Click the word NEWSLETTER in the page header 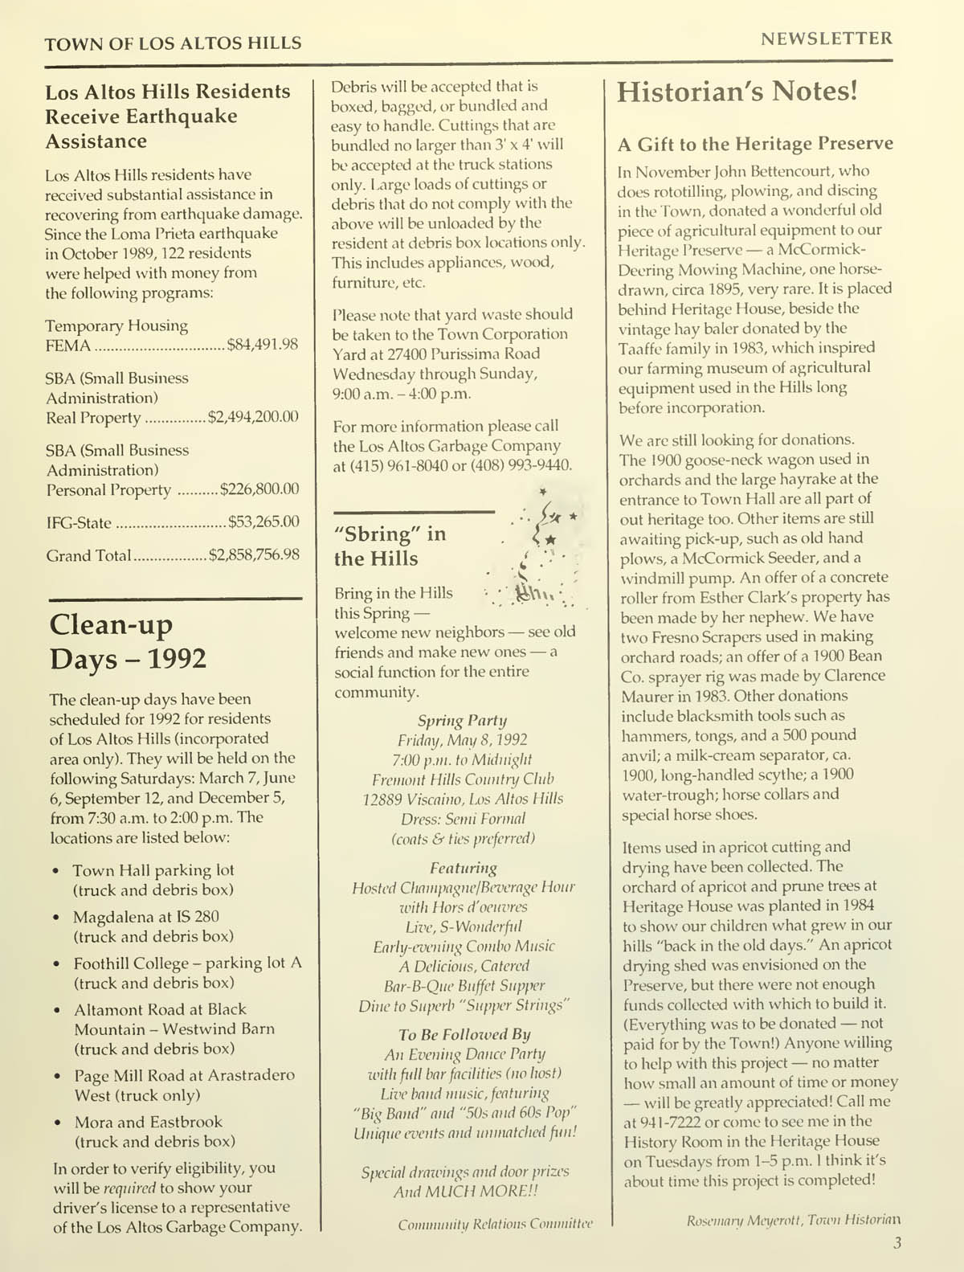[826, 39]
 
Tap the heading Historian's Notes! [737, 92]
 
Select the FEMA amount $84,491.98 [263, 345]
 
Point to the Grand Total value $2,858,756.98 [254, 554]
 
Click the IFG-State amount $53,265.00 [263, 521]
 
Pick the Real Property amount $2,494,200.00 [253, 416]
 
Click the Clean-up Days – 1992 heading [129, 641]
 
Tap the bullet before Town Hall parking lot [55, 871]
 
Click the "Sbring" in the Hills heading [390, 546]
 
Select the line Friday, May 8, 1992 [463, 739]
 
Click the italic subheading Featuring [464, 868]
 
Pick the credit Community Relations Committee [495, 1224]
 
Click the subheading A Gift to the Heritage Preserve [754, 144]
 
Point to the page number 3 [897, 1243]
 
